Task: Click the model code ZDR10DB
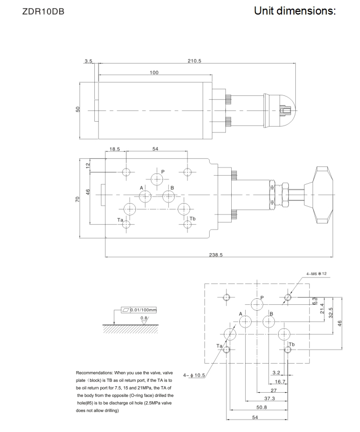(x=43, y=11)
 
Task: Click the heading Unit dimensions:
(x=295, y=11)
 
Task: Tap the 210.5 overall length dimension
(x=195, y=61)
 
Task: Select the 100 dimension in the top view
(x=154, y=72)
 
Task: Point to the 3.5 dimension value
(x=88, y=61)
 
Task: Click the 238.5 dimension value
(x=216, y=255)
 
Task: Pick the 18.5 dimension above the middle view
(x=115, y=149)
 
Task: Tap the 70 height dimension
(x=78, y=199)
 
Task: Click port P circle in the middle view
(x=157, y=179)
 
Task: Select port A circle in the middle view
(x=145, y=197)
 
